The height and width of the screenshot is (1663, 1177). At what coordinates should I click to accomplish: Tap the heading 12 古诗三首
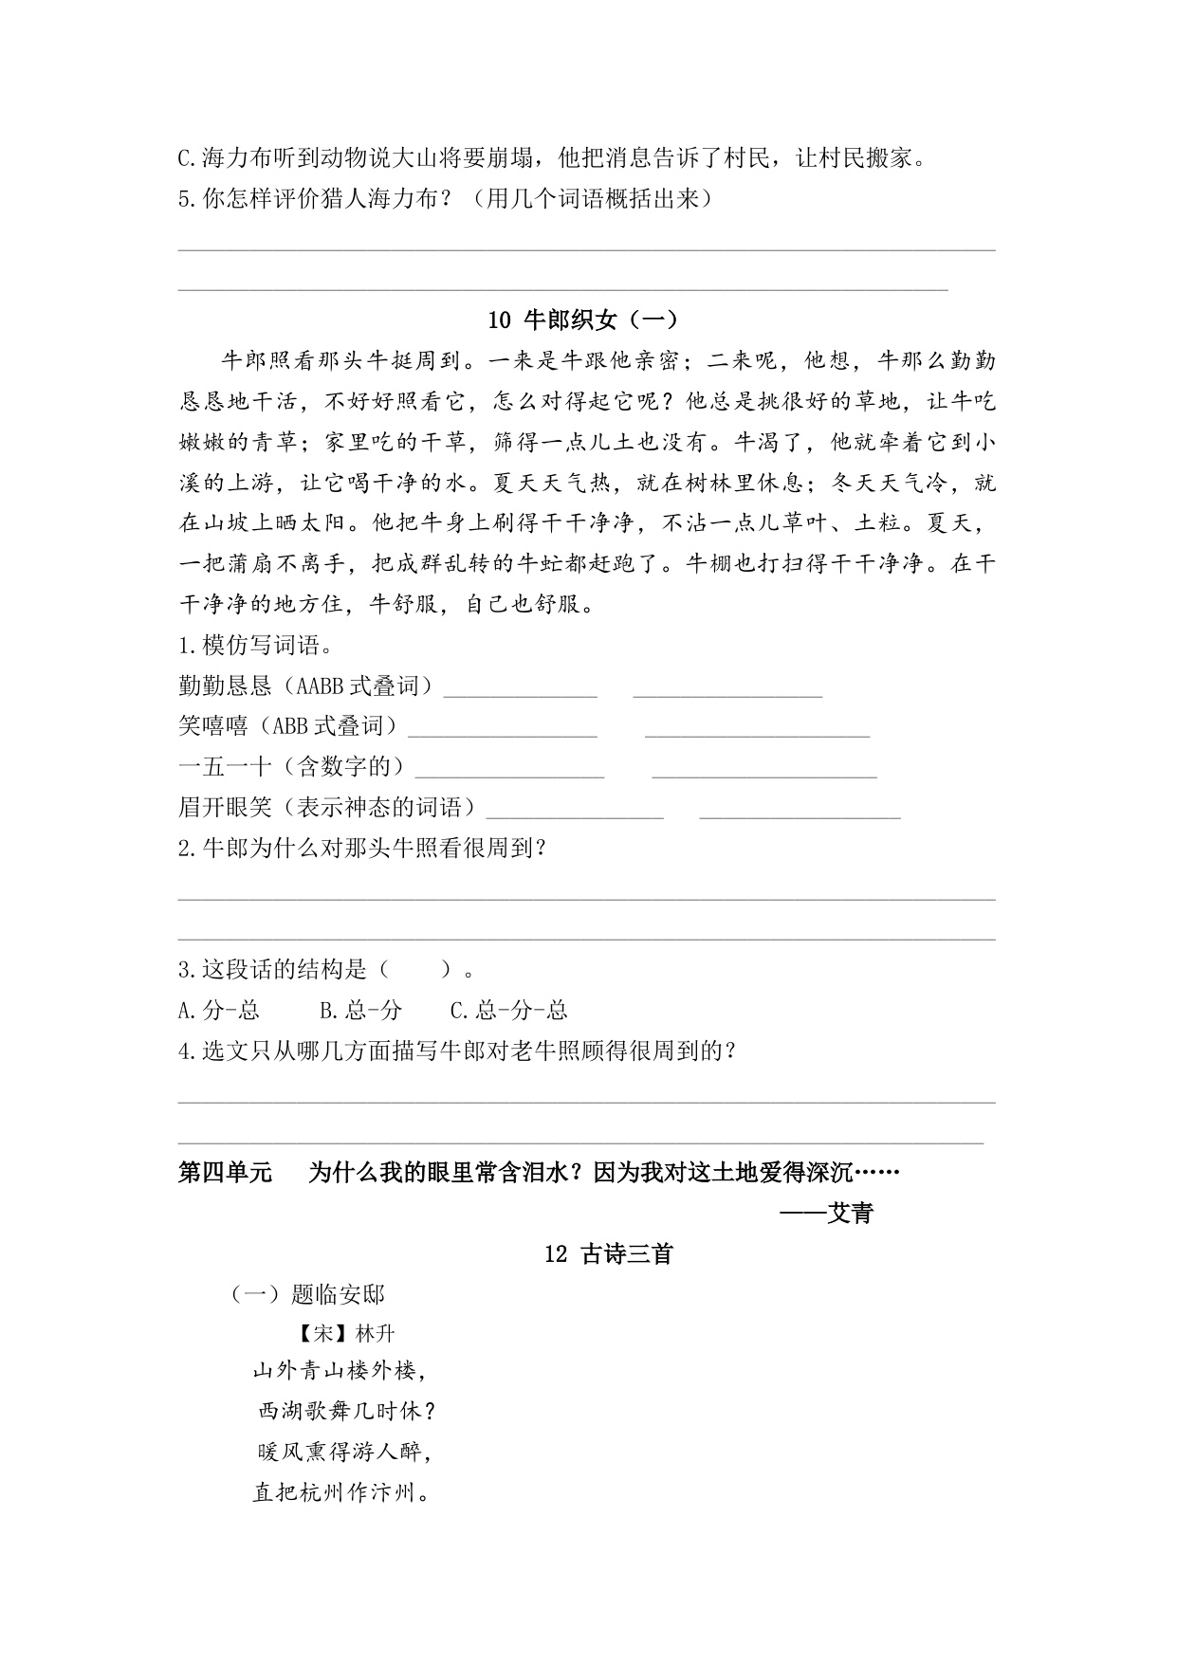pos(609,1253)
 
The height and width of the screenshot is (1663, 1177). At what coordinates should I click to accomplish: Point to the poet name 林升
pos(375,1333)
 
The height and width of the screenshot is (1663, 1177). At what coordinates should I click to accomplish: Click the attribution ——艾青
pos(826,1213)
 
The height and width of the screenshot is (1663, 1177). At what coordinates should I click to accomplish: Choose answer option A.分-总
pos(219,1010)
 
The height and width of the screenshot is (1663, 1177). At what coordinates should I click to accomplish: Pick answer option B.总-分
pos(360,1010)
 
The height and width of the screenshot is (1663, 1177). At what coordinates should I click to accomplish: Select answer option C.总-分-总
pos(508,1010)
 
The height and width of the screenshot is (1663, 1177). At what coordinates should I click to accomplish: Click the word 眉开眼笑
pos(225,807)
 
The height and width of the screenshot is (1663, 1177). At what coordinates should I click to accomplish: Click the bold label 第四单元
pos(225,1173)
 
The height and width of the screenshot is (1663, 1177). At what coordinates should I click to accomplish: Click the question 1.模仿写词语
pos(255,646)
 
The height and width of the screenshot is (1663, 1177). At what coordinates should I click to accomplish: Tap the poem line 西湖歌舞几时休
pos(347,1411)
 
